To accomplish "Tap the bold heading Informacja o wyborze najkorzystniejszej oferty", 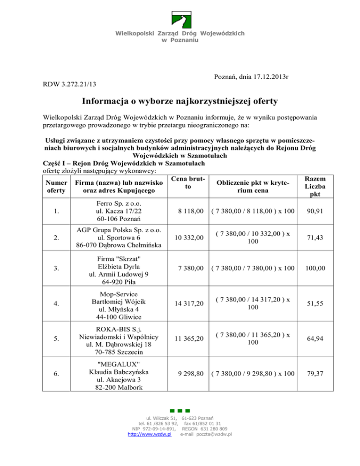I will (x=180, y=101).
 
